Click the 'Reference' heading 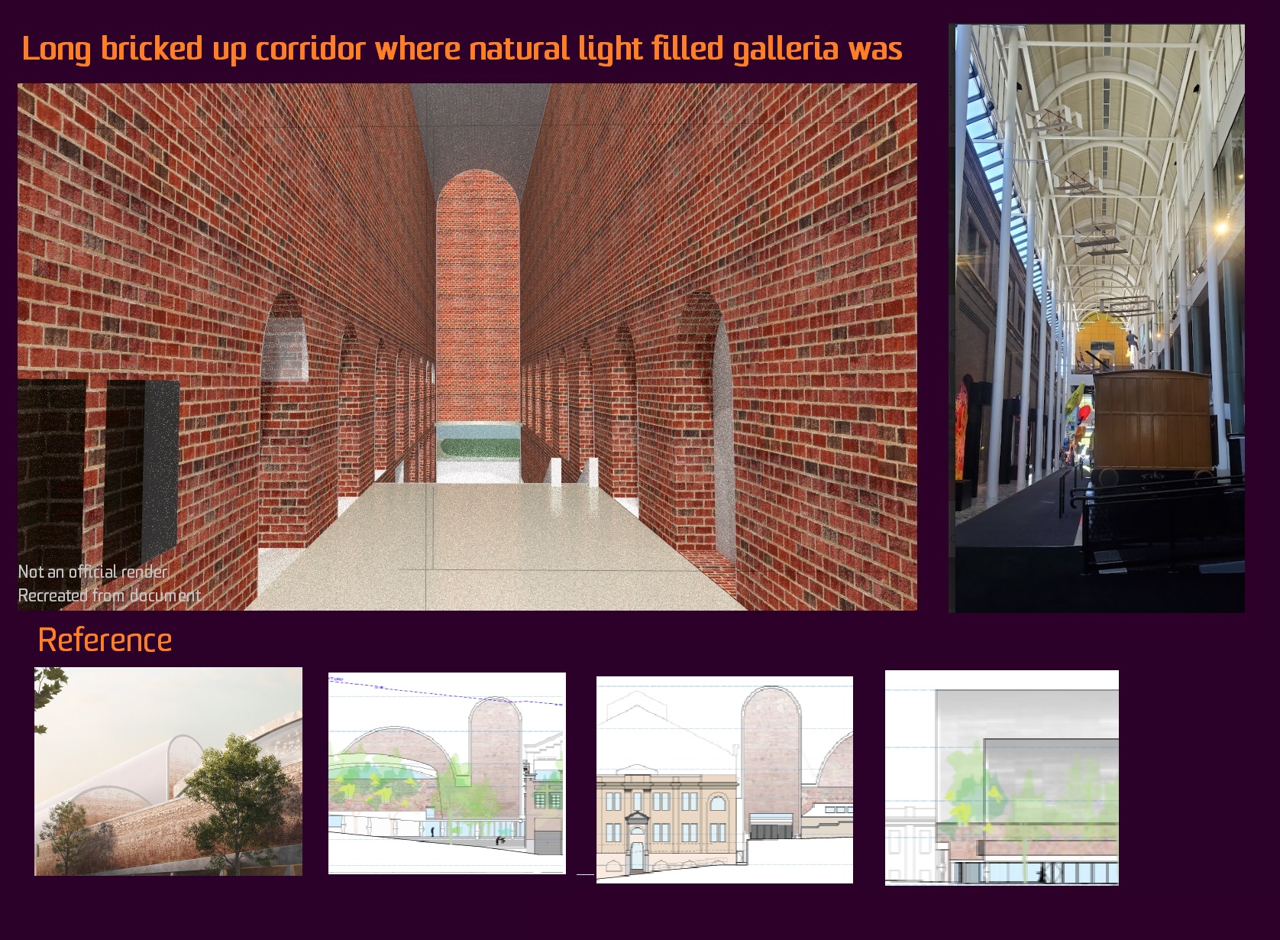click(105, 640)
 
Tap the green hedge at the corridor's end click(479, 447)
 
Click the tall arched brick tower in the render click(478, 297)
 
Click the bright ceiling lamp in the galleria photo click(1220, 228)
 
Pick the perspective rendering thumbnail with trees click(168, 771)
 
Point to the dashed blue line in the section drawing click(446, 692)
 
